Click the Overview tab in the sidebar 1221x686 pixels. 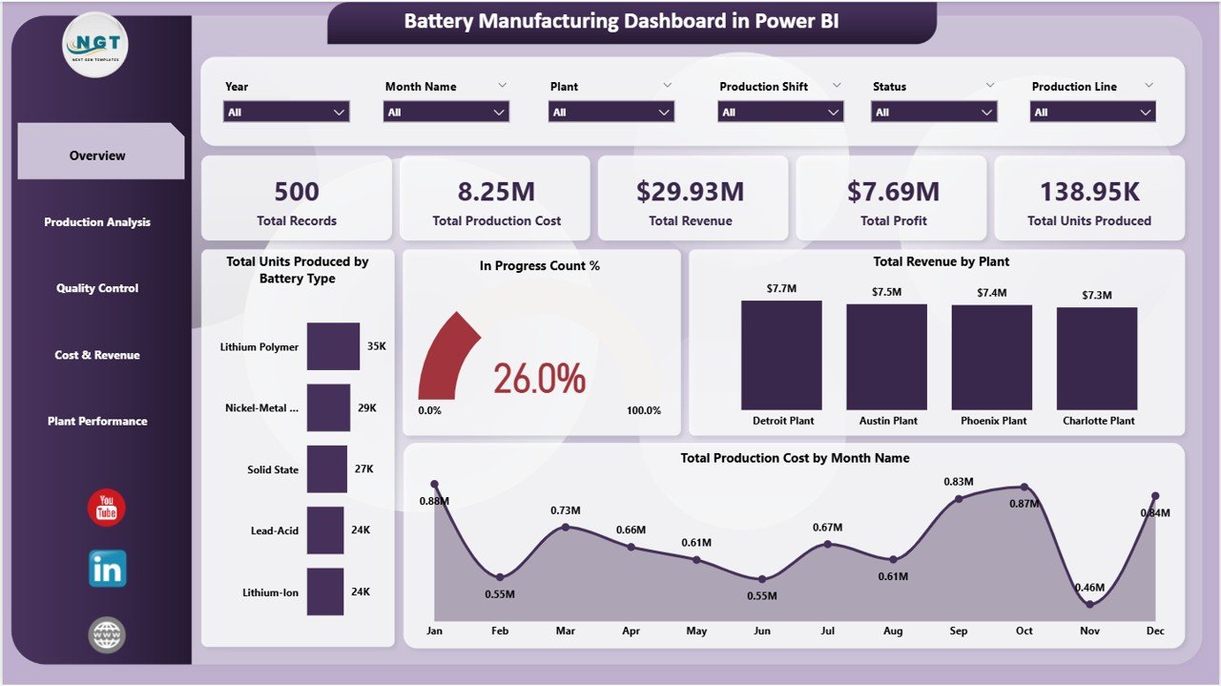point(98,156)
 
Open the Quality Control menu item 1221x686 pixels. point(97,288)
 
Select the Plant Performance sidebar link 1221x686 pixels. point(97,421)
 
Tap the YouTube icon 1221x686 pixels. point(107,509)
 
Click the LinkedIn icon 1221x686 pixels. point(107,570)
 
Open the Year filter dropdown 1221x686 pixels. point(287,112)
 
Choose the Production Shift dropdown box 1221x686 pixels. point(780,112)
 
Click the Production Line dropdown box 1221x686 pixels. point(1093,112)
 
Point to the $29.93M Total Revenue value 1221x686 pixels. point(691,192)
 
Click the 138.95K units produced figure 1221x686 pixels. point(1089,192)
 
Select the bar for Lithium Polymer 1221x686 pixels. point(333,346)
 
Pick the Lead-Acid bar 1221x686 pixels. point(325,530)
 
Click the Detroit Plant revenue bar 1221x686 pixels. point(781,355)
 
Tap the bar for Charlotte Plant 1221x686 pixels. point(1097,359)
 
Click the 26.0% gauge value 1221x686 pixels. point(540,379)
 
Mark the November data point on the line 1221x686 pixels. point(1089,603)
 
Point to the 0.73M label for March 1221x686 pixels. point(566,510)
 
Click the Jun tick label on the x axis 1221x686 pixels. point(761,631)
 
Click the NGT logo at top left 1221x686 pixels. point(95,45)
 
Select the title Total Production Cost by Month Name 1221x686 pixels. point(795,458)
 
